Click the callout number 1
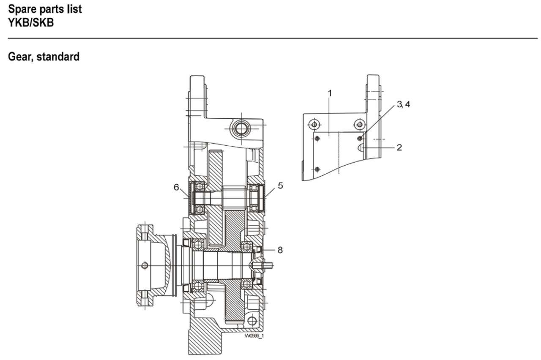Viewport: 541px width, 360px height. (330, 93)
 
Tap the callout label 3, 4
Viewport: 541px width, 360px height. (404, 104)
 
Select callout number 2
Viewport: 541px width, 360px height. (399, 147)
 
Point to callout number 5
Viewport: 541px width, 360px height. (280, 185)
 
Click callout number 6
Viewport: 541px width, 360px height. (176, 187)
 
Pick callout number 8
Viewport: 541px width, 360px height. (280, 250)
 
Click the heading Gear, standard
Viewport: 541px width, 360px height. (44, 57)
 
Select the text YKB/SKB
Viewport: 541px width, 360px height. (31, 23)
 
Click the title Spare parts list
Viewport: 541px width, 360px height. (45, 9)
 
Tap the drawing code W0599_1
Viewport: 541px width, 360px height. (254, 336)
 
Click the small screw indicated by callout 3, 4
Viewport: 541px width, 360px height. (360, 138)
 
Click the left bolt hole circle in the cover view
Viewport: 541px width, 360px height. (314, 125)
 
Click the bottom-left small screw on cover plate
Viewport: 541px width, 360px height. (317, 169)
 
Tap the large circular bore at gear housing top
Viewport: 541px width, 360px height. (241, 128)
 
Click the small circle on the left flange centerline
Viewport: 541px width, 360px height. (145, 266)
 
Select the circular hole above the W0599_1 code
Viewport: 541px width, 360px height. (252, 321)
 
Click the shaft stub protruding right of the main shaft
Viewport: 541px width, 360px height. (268, 265)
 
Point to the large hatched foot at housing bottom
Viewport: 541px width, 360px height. (205, 338)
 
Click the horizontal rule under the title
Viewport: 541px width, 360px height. (273, 38)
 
